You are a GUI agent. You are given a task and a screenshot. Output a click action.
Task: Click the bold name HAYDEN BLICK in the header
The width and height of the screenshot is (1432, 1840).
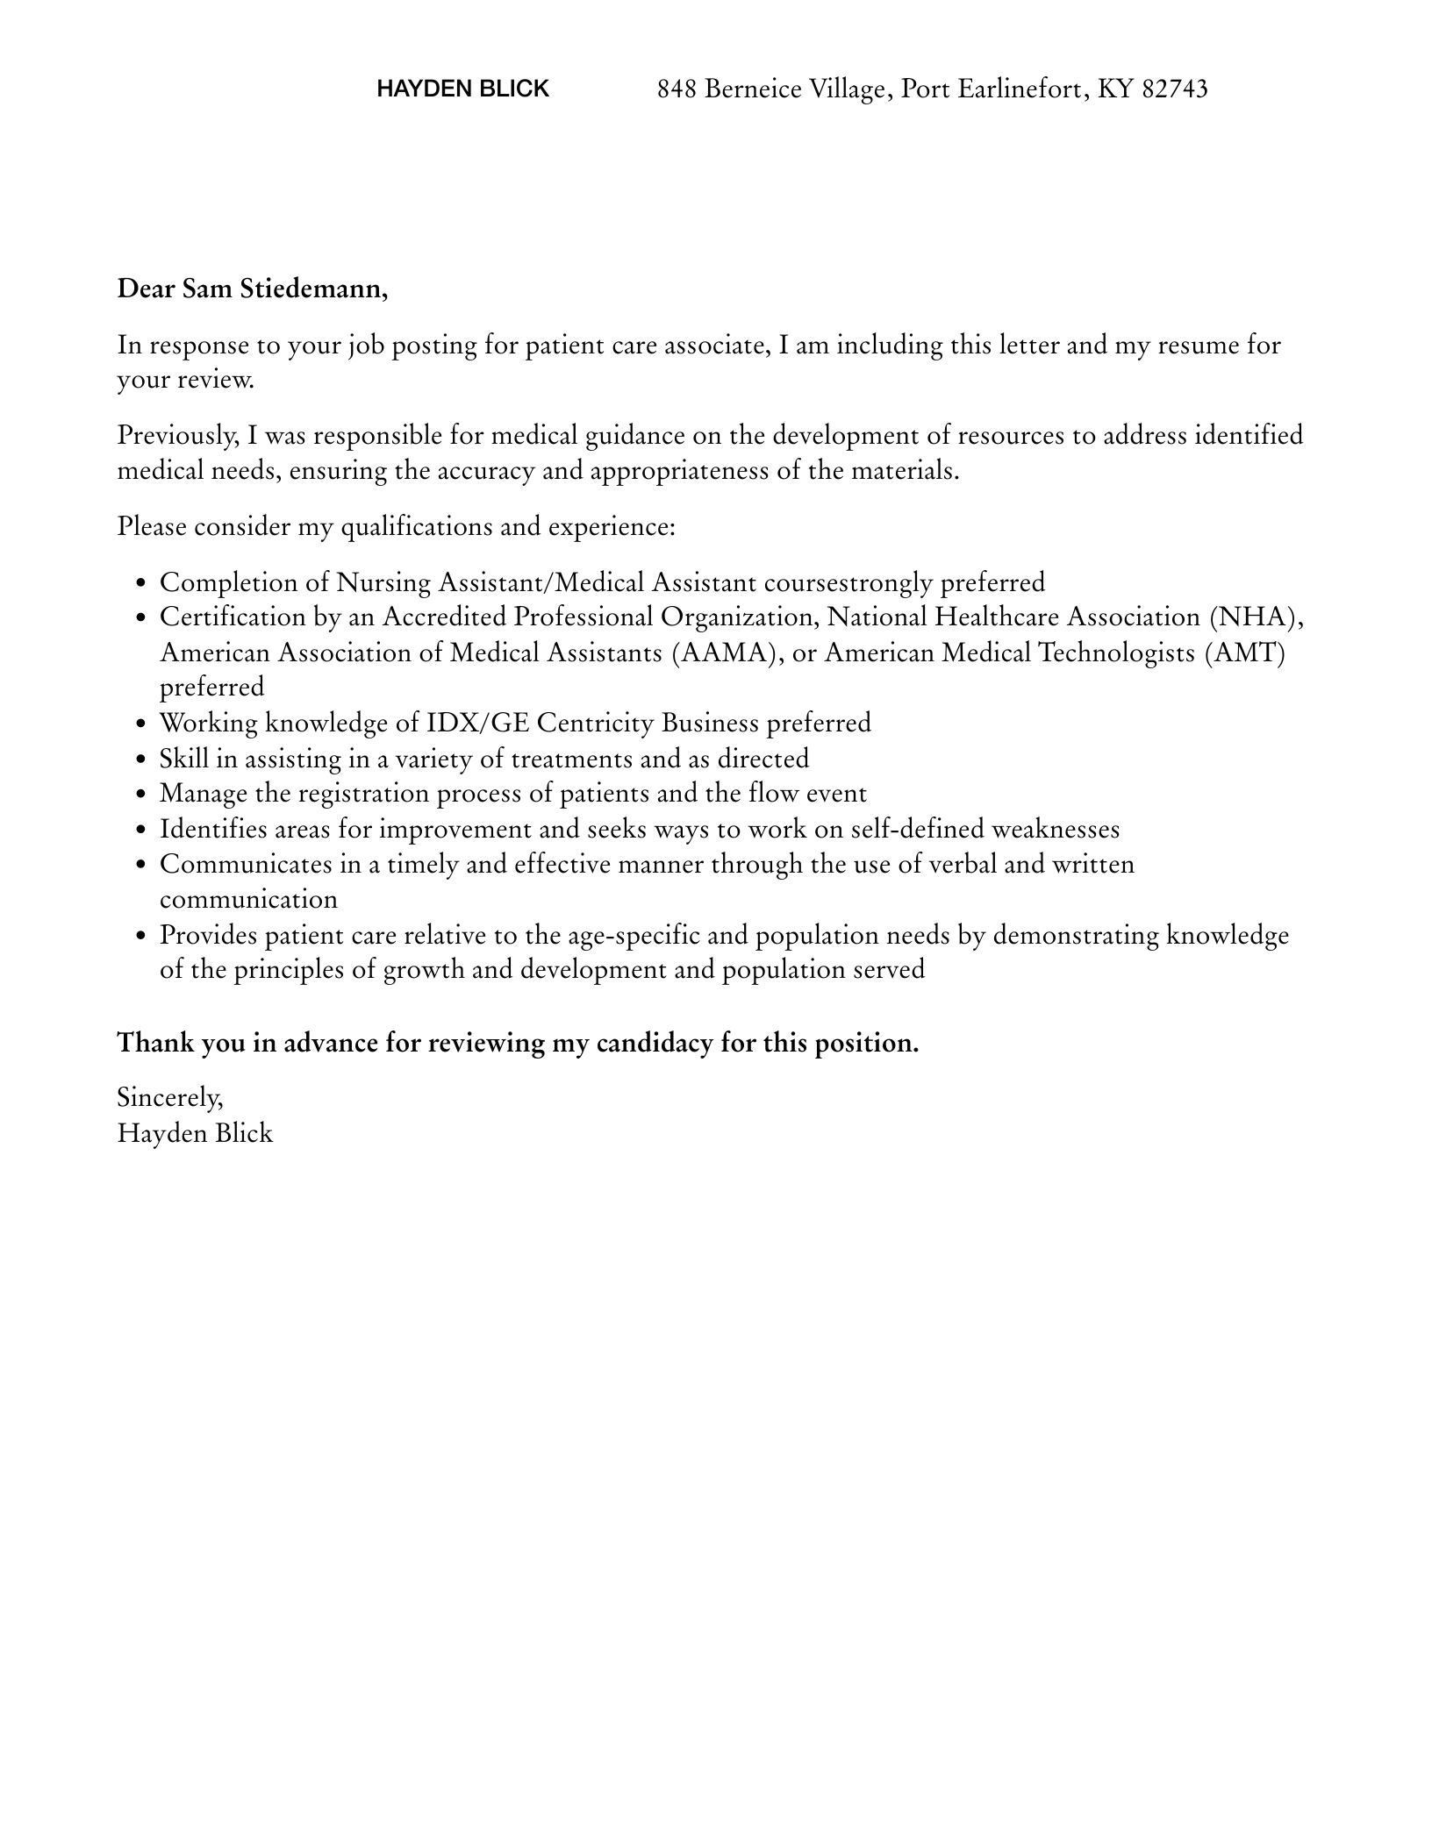pyautogui.click(x=462, y=89)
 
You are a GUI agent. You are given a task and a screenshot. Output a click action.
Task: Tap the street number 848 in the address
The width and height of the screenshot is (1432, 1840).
pyautogui.click(x=677, y=89)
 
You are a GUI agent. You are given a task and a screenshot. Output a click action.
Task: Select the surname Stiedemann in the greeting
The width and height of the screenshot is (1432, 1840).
pyautogui.click(x=314, y=289)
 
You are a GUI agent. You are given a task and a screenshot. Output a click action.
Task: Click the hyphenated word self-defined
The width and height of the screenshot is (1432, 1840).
pyautogui.click(x=917, y=829)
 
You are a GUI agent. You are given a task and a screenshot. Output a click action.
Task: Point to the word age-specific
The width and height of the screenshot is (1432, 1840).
pyautogui.click(x=633, y=935)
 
